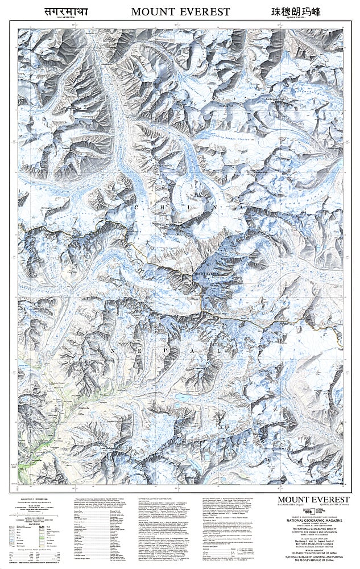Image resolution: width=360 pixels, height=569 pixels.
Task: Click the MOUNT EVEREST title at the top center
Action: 180,11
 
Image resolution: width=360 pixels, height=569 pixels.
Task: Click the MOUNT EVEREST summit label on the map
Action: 207,274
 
